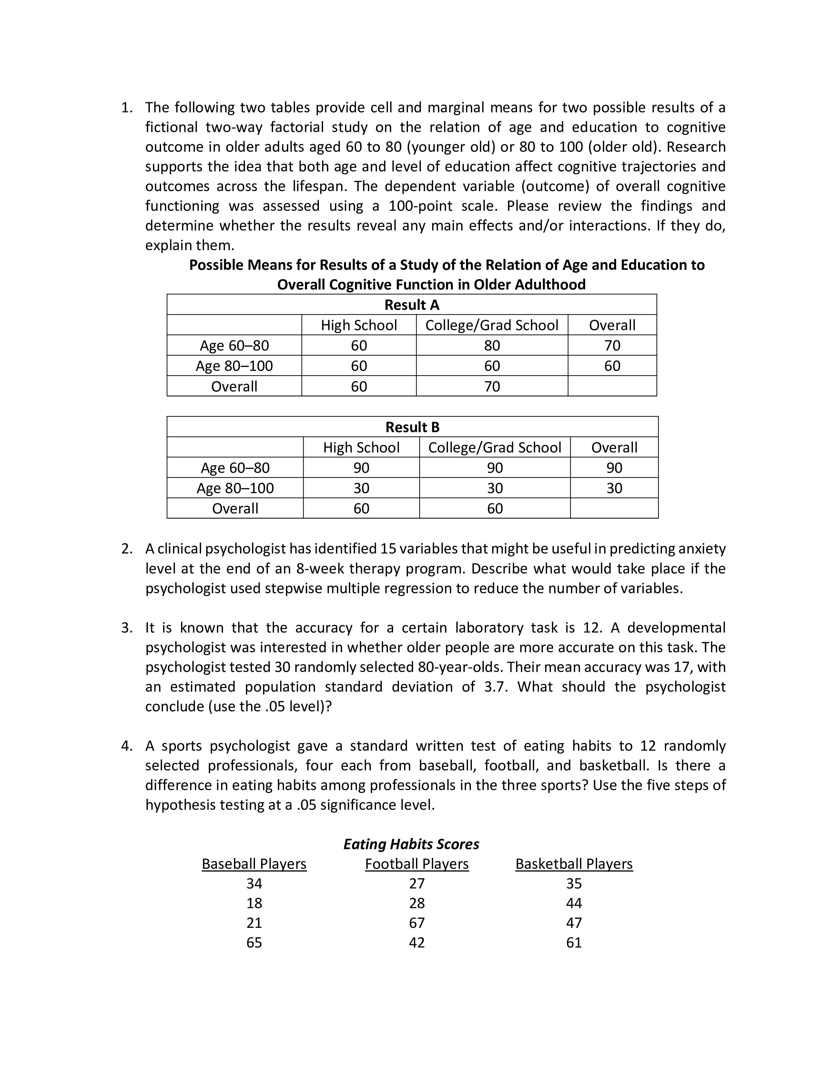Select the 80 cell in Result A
click(x=492, y=345)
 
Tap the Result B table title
click(x=412, y=427)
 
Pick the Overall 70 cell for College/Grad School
click(x=492, y=386)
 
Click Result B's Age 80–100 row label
click(x=235, y=488)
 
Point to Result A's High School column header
click(x=359, y=325)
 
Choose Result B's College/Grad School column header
click(x=494, y=448)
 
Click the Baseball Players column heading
click(x=254, y=864)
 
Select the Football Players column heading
click(x=417, y=864)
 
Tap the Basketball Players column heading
click(x=574, y=864)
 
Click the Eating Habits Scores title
click(x=411, y=844)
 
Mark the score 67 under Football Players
click(x=417, y=923)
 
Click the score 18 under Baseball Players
click(x=254, y=903)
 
